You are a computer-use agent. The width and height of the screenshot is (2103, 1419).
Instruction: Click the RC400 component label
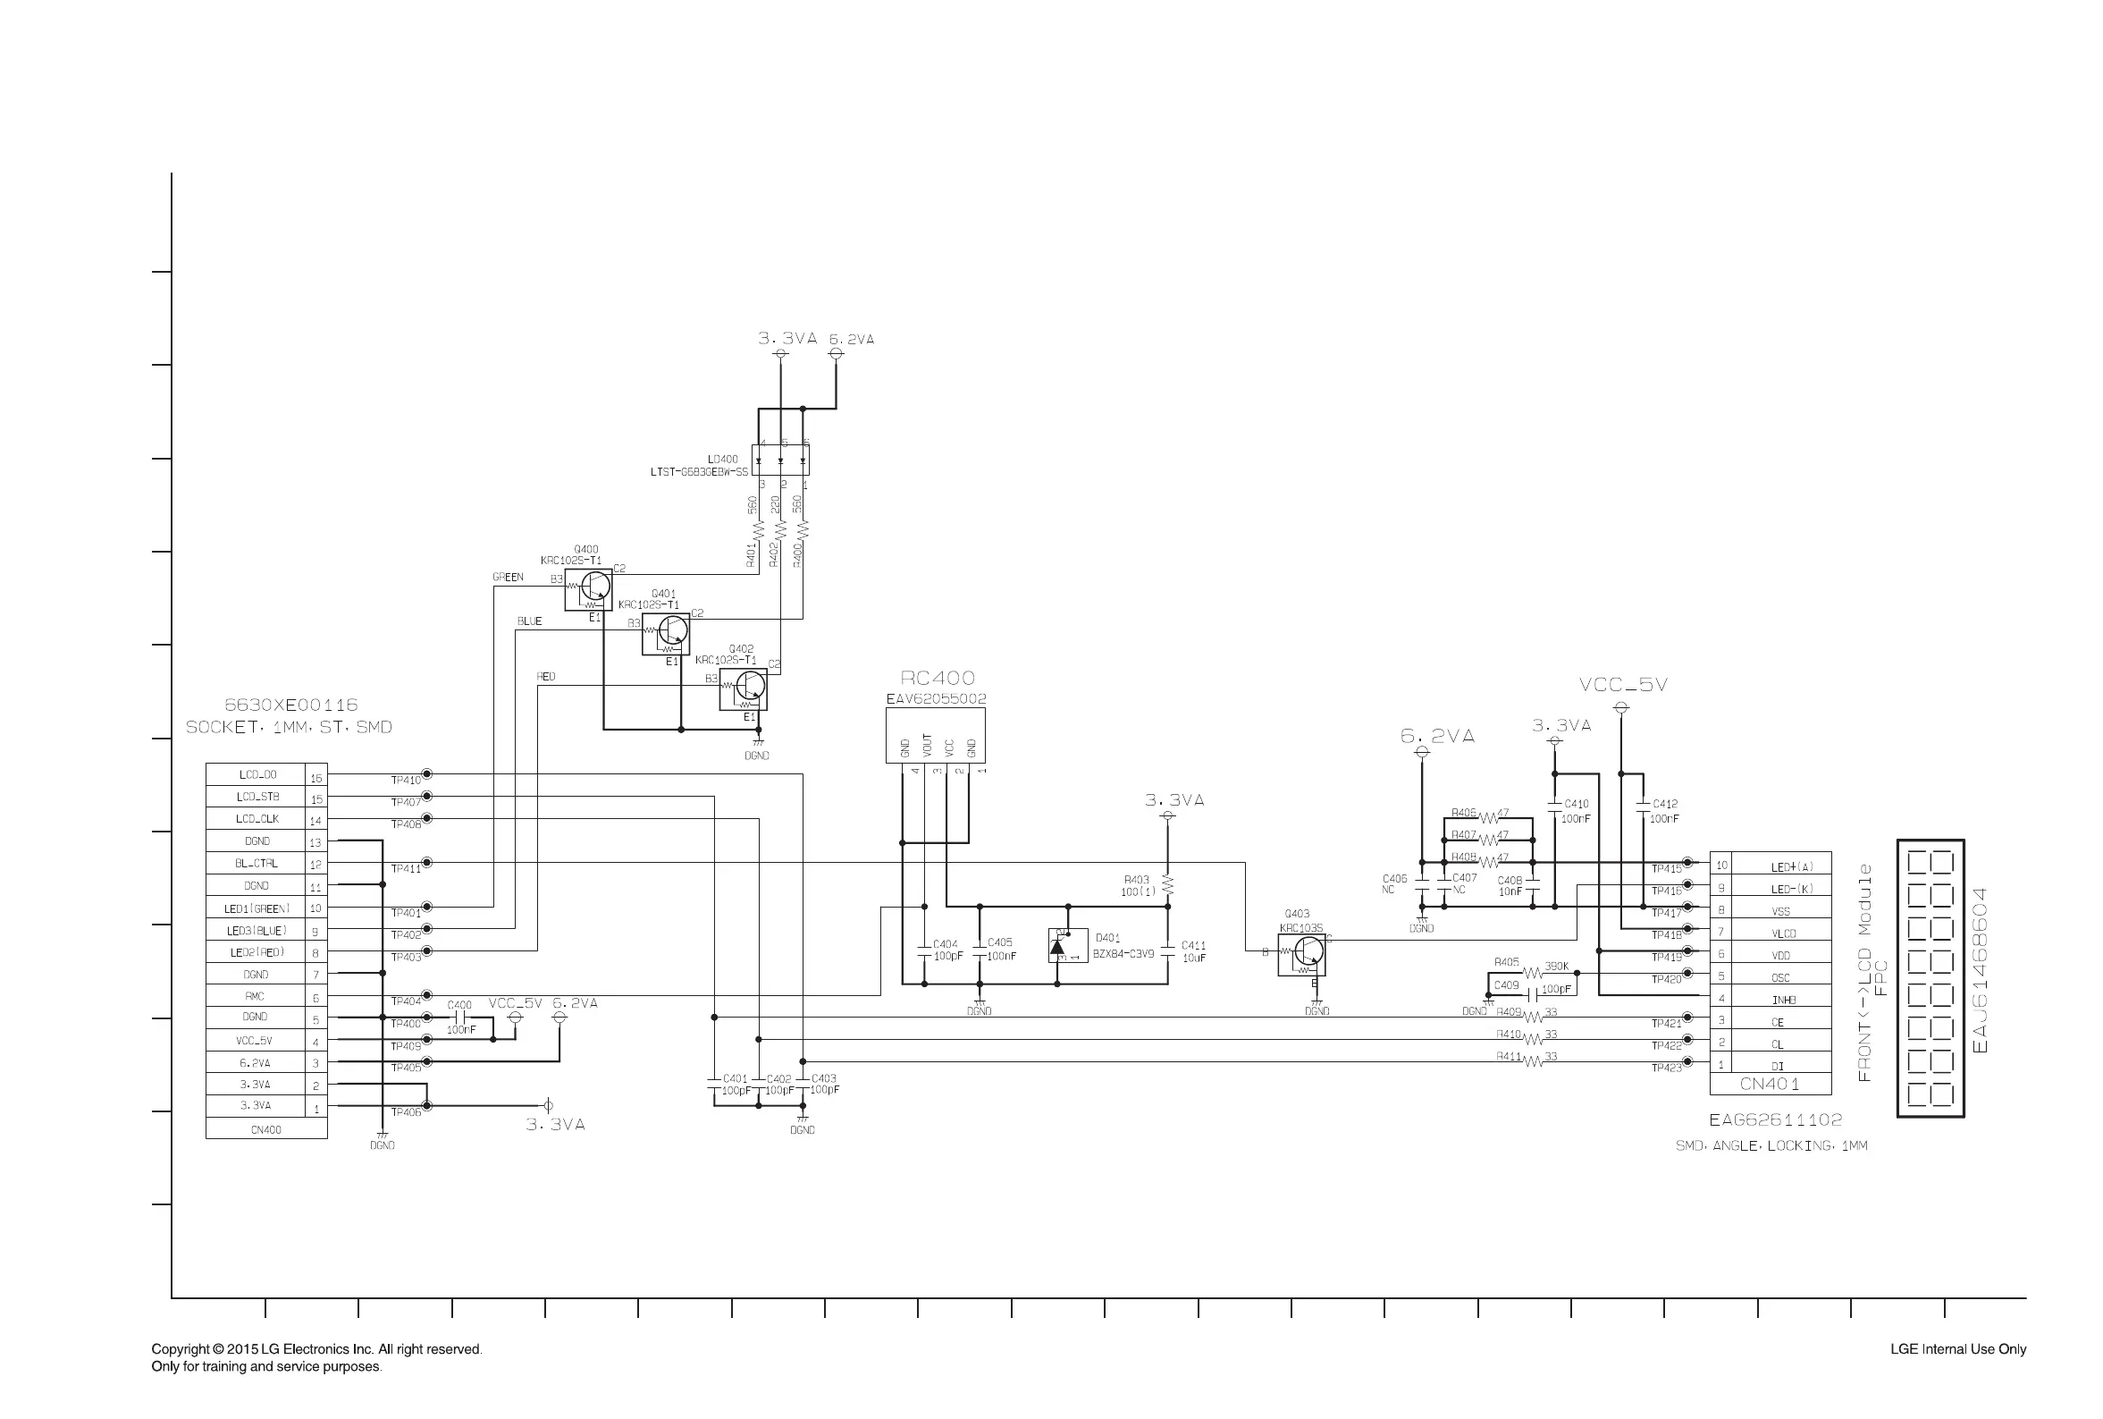pos(937,678)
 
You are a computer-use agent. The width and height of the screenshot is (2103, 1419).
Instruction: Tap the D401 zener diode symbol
pos(1058,946)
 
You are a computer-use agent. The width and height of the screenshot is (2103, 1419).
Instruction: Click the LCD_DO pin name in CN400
pos(257,774)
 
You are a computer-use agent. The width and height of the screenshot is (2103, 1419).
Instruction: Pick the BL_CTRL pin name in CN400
pos(256,864)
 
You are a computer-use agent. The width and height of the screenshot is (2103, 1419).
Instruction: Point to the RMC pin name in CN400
pos(255,996)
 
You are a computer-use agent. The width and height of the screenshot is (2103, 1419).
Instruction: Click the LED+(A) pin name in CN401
pos(1791,867)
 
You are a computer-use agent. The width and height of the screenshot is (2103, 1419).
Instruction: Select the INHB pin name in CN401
pos(1783,1000)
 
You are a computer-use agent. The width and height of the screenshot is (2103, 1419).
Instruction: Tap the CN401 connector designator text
pos(1770,1084)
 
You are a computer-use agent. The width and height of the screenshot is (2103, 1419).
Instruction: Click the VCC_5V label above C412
pos(1623,685)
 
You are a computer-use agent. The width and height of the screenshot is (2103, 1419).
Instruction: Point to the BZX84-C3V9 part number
pos(1123,954)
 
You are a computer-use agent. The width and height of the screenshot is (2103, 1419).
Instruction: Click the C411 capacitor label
pos(1193,946)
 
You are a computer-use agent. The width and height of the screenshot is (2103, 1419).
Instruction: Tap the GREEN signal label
pos(508,578)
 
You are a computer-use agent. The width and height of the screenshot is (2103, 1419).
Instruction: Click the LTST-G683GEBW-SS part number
pos(699,472)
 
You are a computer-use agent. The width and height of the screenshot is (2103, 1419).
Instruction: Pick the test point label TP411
pos(406,869)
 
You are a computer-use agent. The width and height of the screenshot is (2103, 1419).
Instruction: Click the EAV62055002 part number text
pos(935,698)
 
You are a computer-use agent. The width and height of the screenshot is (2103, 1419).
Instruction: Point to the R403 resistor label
pos(1136,880)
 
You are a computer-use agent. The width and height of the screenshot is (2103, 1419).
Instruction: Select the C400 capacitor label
pos(459,1005)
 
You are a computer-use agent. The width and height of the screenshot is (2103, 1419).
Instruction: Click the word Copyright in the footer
pos(180,1349)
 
